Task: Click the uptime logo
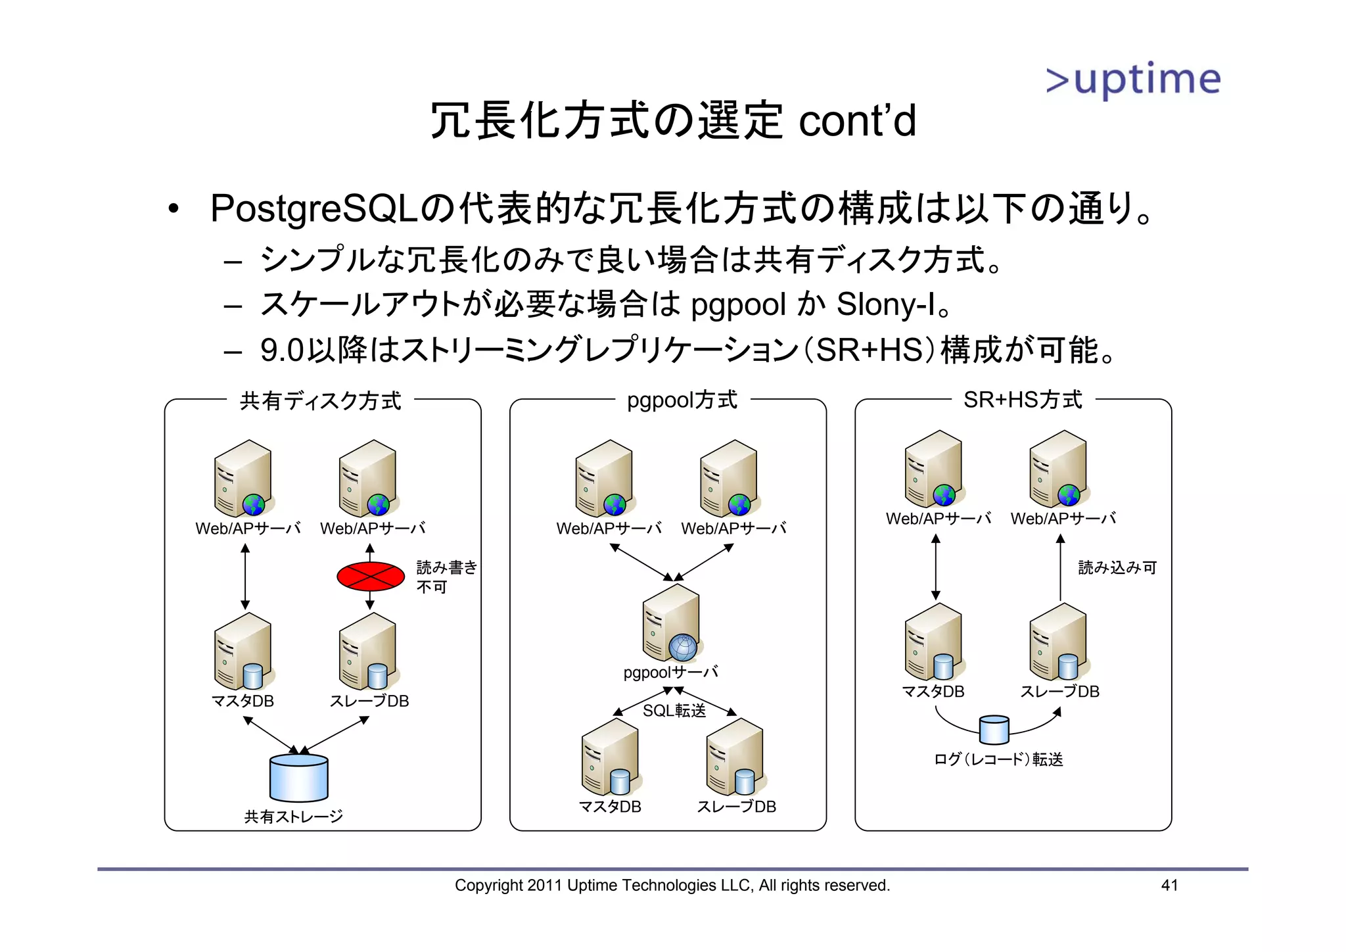[x=1133, y=80]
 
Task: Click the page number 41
[x=1169, y=885]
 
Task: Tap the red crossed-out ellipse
[x=370, y=577]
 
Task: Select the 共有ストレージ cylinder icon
[x=298, y=778]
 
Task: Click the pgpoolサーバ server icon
[x=671, y=623]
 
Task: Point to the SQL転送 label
[x=674, y=711]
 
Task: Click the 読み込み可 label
[x=1117, y=567]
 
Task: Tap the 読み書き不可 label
[x=446, y=577]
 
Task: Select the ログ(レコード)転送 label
[x=998, y=759]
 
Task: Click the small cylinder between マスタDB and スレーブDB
[x=994, y=729]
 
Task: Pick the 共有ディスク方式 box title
[x=320, y=400]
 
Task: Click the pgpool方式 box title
[x=682, y=400]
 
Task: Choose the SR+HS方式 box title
[x=1022, y=400]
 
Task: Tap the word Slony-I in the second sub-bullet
[x=885, y=304]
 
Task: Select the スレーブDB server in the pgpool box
[x=735, y=757]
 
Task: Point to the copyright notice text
[x=672, y=885]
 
